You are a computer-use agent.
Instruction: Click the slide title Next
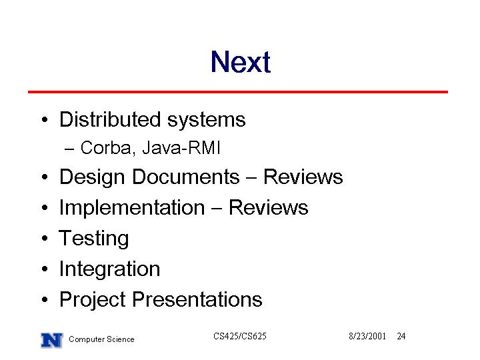coord(241,62)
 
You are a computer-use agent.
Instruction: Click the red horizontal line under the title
coord(238,92)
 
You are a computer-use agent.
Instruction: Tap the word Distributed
coord(110,119)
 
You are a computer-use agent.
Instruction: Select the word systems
coord(206,121)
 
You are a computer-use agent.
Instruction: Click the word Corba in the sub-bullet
coord(106,148)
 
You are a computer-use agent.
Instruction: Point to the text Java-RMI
coord(181,147)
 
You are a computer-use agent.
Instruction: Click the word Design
coord(92,177)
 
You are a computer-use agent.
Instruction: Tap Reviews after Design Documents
coord(303,177)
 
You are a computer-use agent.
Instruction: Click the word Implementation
coord(132,208)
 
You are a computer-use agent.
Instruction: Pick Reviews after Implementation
coord(269,207)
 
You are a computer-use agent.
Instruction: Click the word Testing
coord(94,239)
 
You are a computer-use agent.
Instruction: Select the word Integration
coord(109,269)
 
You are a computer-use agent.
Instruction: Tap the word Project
coord(93,300)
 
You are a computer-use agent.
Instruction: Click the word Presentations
coord(197,299)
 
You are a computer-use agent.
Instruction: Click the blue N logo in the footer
coord(52,341)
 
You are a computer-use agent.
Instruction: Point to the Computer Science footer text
coord(101,339)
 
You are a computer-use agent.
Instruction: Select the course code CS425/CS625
coord(240,336)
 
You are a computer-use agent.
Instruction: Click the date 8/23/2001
coord(367,336)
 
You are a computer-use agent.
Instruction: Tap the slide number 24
coord(401,336)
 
